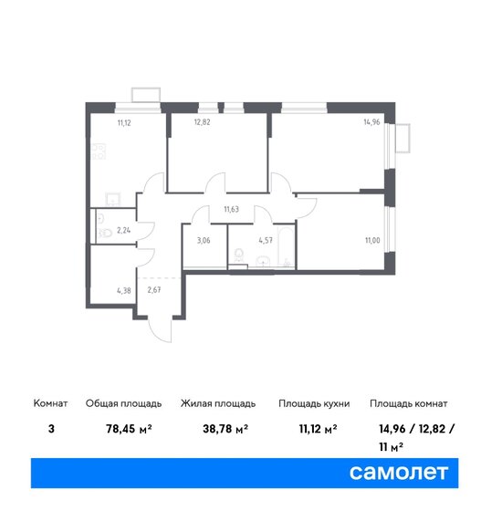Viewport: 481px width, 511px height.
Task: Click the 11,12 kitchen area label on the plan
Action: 124,123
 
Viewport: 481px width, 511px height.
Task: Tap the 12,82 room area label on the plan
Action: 202,122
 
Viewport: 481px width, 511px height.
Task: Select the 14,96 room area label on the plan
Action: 371,122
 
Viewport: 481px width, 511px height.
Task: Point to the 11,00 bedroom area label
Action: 372,241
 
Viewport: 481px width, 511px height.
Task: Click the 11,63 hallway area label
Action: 232,209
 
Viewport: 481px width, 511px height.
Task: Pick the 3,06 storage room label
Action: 204,241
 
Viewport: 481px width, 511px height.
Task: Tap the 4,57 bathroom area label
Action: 266,241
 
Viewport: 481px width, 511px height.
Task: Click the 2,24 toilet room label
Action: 124,230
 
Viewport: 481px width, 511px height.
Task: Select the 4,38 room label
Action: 124,290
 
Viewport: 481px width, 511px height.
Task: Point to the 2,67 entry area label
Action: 154,290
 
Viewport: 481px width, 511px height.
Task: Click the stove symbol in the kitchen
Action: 99,151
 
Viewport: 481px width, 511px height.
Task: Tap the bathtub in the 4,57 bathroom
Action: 284,245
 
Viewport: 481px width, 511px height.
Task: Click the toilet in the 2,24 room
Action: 105,233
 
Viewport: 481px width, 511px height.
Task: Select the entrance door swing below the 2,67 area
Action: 160,329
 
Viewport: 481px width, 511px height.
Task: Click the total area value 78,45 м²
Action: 129,429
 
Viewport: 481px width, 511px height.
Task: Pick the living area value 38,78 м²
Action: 225,429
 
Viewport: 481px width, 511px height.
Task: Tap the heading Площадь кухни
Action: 314,403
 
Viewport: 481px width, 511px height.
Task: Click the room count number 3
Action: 51,429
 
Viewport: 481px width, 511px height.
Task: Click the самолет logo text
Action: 399,473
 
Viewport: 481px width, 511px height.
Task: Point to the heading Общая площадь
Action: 123,403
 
